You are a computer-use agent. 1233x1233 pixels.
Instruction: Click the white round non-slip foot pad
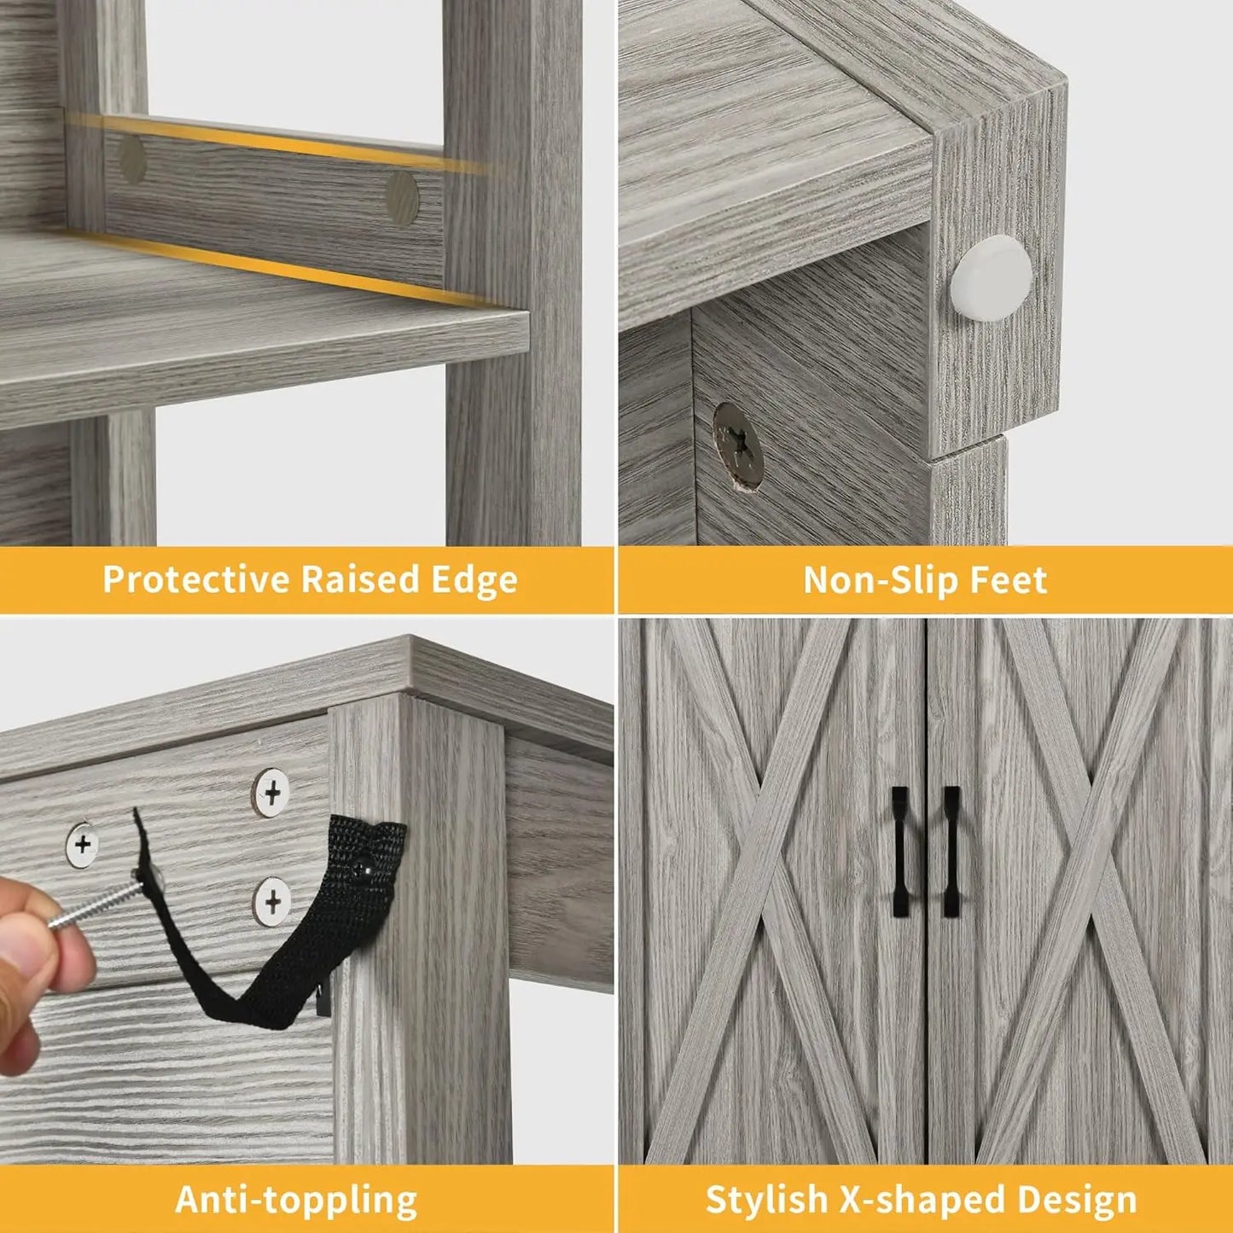tap(992, 275)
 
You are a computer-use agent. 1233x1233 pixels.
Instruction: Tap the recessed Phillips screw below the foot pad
tap(738, 445)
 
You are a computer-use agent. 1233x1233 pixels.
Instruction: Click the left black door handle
tap(899, 851)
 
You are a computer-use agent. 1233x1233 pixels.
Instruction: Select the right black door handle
tap(951, 851)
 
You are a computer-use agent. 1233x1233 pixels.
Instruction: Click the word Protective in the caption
tap(196, 579)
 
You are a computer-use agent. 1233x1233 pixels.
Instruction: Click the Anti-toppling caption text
tap(296, 1199)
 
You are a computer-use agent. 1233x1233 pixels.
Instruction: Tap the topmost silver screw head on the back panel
tap(271, 794)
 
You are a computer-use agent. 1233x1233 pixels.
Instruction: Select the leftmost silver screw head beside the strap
tap(83, 845)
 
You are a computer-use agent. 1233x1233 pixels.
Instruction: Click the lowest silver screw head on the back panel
tap(272, 900)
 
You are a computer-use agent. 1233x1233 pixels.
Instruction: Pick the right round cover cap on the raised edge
tap(401, 198)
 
